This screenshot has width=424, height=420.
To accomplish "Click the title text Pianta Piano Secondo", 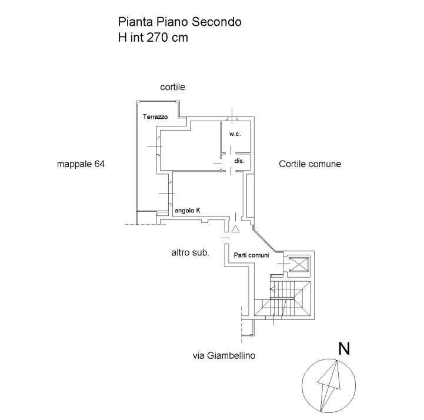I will pyautogui.click(x=179, y=22).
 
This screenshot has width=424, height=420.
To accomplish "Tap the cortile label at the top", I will pyautogui.click(x=173, y=87).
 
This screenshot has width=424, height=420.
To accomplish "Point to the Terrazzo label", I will pyautogui.click(x=156, y=117).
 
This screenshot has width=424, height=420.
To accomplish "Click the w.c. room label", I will pyautogui.click(x=235, y=134).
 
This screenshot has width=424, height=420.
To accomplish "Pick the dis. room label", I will pyautogui.click(x=239, y=161).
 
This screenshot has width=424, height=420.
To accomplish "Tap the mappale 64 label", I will pyautogui.click(x=81, y=165).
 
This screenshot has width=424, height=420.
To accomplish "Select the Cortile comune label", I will pyautogui.click(x=310, y=165).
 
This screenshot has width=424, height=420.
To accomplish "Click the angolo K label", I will pyautogui.click(x=188, y=211).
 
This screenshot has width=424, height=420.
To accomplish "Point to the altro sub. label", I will pyautogui.click(x=191, y=252).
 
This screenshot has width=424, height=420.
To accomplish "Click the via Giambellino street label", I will pyautogui.click(x=224, y=355).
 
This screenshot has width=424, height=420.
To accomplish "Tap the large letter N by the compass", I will pyautogui.click(x=344, y=349).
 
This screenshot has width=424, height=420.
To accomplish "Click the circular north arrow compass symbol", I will pyautogui.click(x=329, y=386).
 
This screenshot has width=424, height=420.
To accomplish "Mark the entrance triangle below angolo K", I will pyautogui.click(x=235, y=229).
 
